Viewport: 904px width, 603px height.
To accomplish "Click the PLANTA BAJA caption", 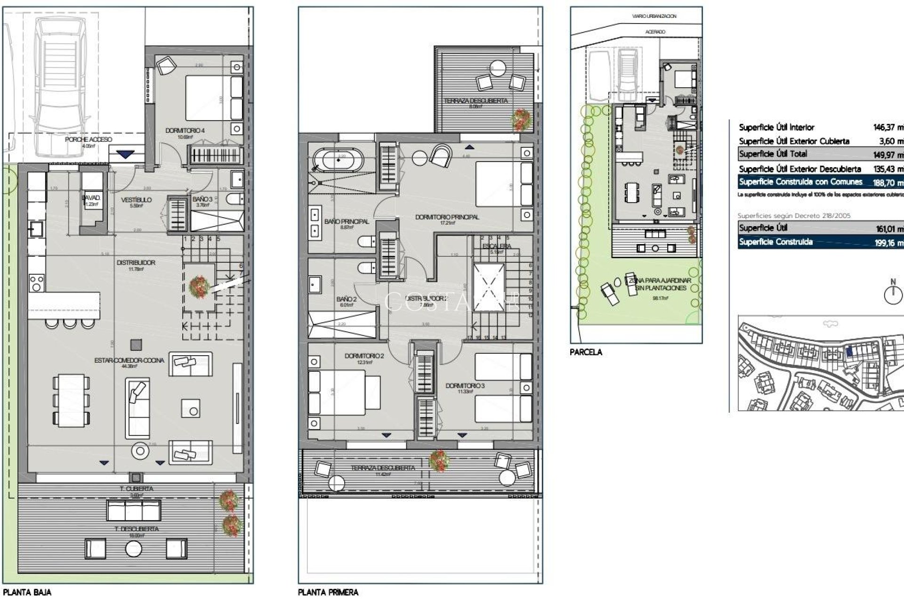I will point(27,592).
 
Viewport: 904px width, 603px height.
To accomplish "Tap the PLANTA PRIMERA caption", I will point(328,592).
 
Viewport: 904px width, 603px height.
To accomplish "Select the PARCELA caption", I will point(586,352).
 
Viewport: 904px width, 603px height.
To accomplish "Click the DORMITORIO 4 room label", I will point(185,130).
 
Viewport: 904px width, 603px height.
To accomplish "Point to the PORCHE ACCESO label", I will point(89,139).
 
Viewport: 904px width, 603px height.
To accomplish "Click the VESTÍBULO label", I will point(136,200).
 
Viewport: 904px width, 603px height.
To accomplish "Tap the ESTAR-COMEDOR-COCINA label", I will point(129,360).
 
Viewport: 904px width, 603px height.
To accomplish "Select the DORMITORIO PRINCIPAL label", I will point(447,217).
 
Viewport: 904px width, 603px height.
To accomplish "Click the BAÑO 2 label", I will point(346,299).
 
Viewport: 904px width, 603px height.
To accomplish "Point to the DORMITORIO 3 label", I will point(465,386).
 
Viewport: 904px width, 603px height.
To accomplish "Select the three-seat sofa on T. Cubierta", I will point(134,510).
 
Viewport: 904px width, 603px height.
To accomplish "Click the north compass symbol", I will point(893,294).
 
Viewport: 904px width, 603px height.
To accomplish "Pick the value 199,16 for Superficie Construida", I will point(889,244).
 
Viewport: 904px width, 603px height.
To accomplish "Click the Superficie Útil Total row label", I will point(773,154).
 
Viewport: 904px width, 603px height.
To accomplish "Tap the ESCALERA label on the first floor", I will point(496,246).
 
